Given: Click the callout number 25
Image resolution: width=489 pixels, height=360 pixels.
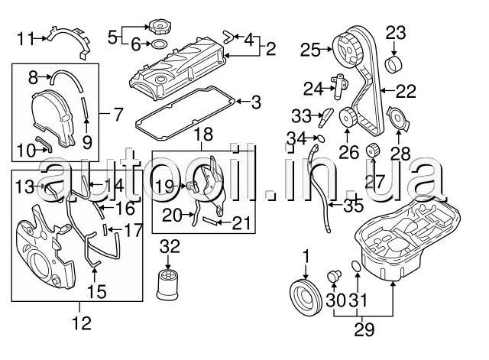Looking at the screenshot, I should tap(310, 50).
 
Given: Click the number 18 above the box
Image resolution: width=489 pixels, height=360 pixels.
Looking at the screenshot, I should tap(203, 135).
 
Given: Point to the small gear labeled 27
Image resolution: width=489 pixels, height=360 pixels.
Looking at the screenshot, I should tap(374, 151).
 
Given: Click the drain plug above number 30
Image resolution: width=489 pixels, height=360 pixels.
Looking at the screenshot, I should tap(333, 274).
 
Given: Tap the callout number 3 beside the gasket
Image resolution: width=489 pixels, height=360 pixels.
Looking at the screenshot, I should tap(256, 100).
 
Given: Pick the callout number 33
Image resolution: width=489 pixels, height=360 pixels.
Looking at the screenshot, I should tap(302, 116).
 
